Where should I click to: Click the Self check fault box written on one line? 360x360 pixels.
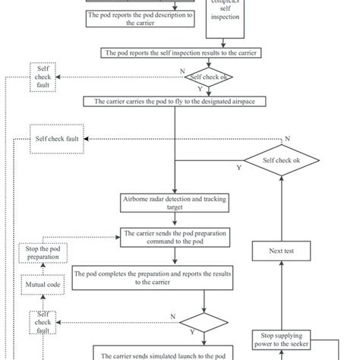(x=58, y=139)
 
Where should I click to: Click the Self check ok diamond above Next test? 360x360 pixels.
(x=282, y=161)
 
